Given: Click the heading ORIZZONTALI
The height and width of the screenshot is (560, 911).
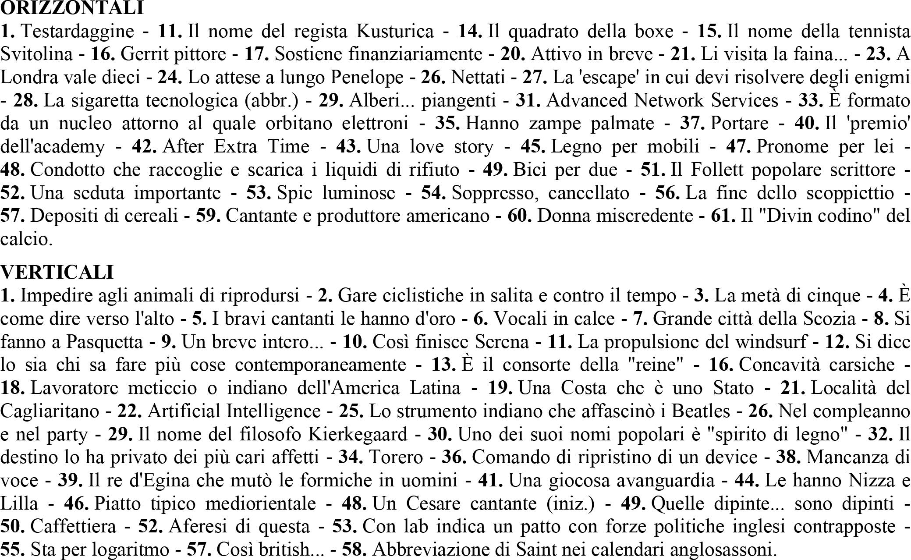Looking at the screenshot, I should pos(72,8).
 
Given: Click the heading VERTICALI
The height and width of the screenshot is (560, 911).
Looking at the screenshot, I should pos(57,272).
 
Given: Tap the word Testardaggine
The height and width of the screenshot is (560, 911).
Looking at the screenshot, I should pos(77,31).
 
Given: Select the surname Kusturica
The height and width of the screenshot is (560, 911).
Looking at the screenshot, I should pos(395,31).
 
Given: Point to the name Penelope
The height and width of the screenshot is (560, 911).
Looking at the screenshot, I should pos(367,78).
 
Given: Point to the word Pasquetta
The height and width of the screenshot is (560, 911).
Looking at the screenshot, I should pos(104,342).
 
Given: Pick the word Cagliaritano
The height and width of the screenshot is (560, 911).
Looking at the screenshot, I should pos(50,411).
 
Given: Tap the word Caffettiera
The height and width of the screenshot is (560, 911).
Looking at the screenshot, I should pos(74,526).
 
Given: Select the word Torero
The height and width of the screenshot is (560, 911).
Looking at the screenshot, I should pos(396,457).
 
